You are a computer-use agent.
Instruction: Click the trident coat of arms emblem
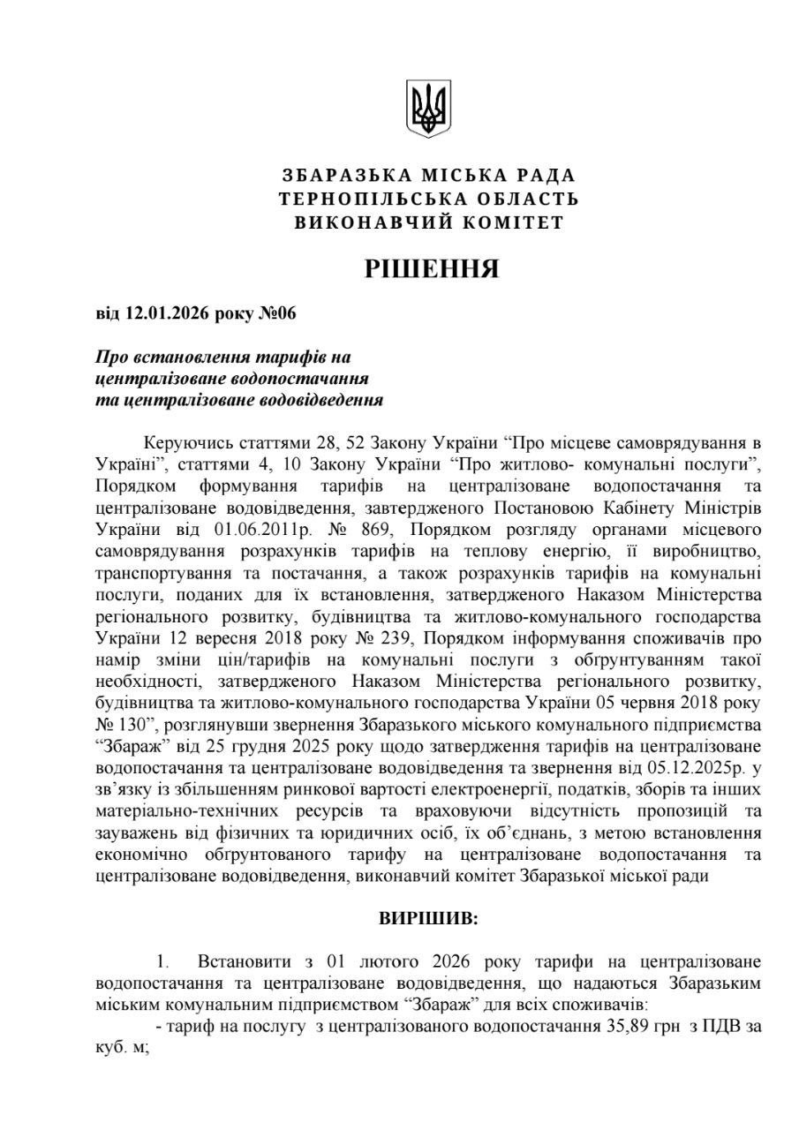coord(428,109)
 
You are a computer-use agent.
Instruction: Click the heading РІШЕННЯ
coord(432,268)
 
